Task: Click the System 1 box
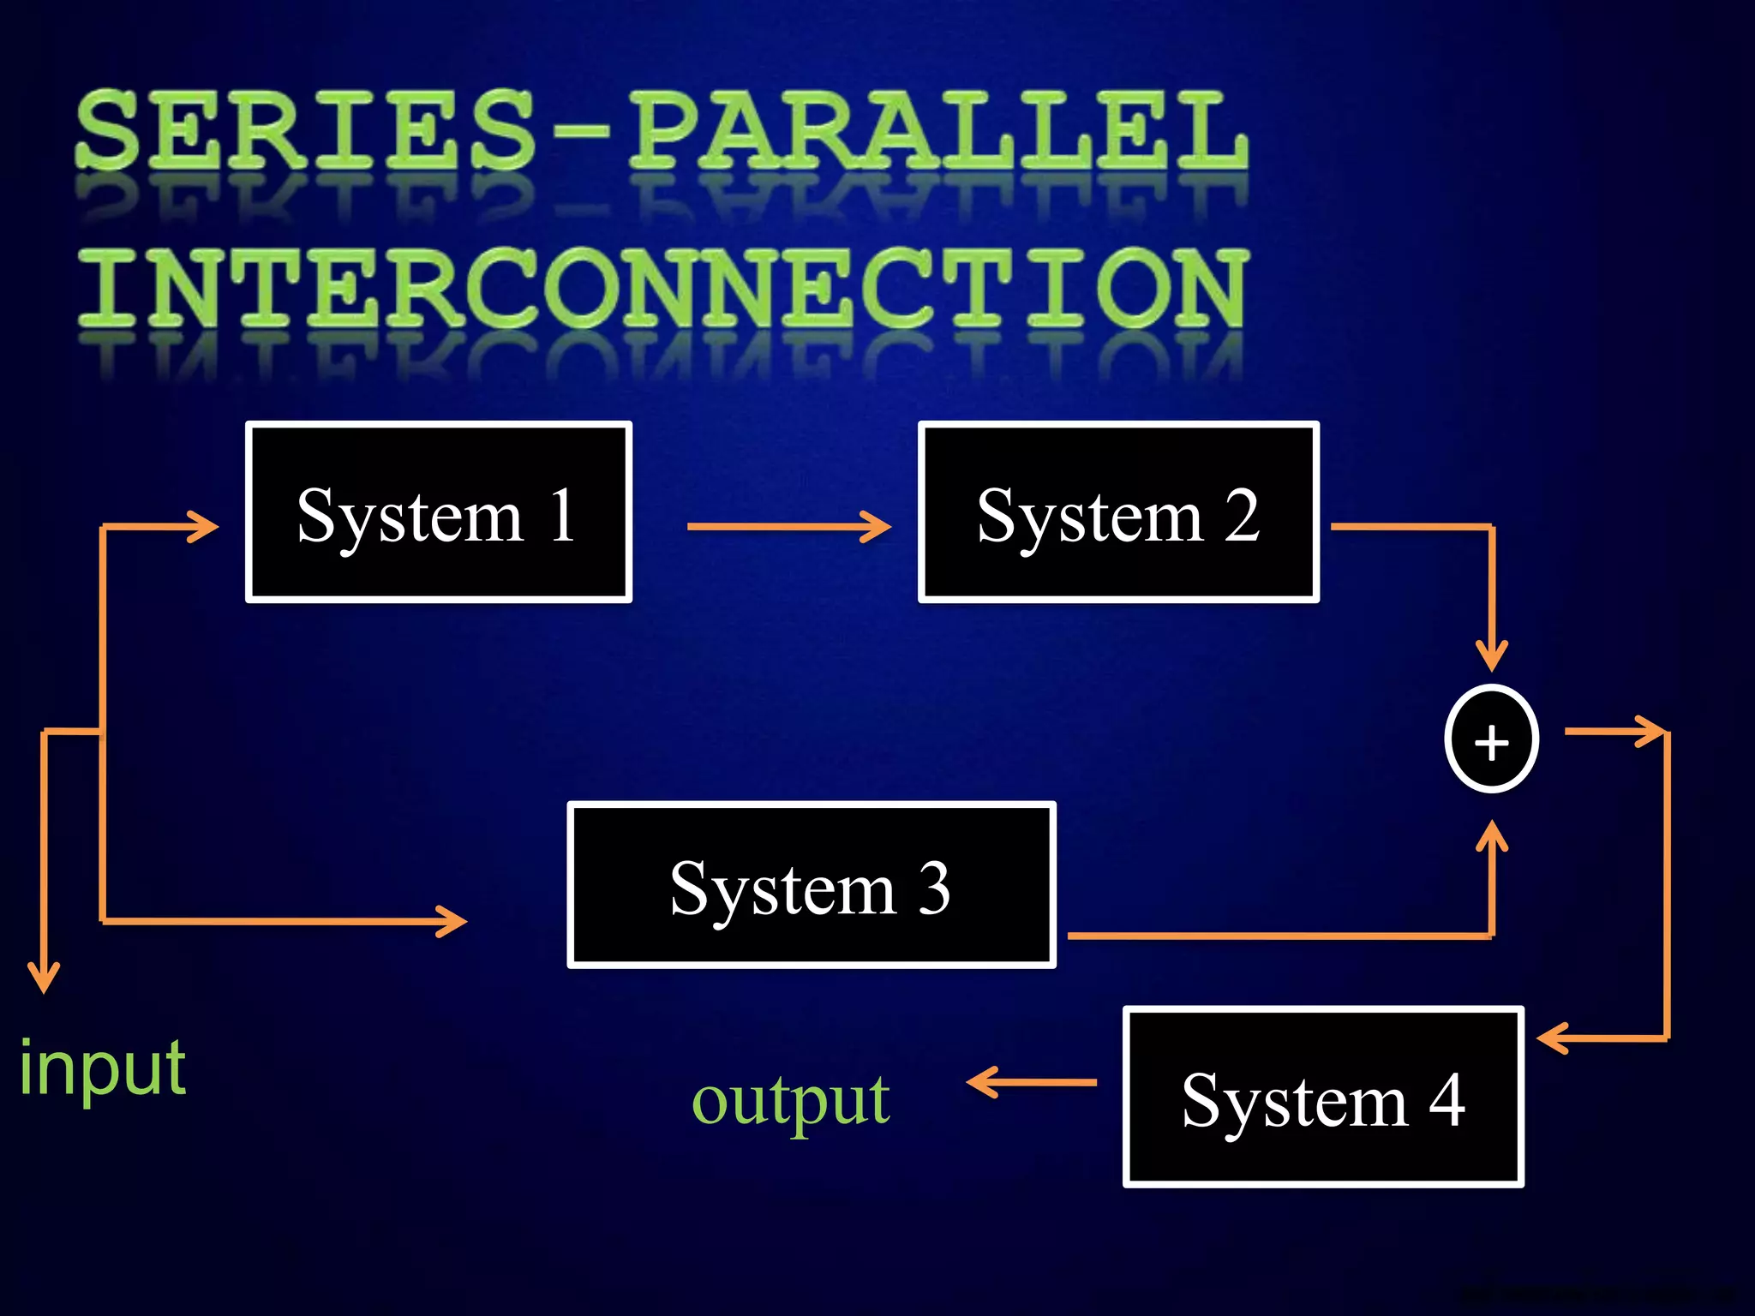[438, 512]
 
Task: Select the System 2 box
[1118, 512]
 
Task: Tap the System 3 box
[811, 886]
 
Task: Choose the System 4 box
[1322, 1097]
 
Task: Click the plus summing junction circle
[1491, 739]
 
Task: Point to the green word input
[103, 1068]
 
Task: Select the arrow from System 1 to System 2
[788, 526]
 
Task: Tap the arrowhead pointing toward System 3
[452, 921]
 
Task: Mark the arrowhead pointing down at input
[44, 977]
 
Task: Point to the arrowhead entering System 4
[1553, 1038]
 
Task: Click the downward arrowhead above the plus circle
[1491, 655]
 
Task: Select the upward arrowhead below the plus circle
[1491, 836]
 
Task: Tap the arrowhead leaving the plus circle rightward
[1650, 732]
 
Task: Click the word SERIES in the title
[304, 130]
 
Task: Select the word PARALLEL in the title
[938, 130]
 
